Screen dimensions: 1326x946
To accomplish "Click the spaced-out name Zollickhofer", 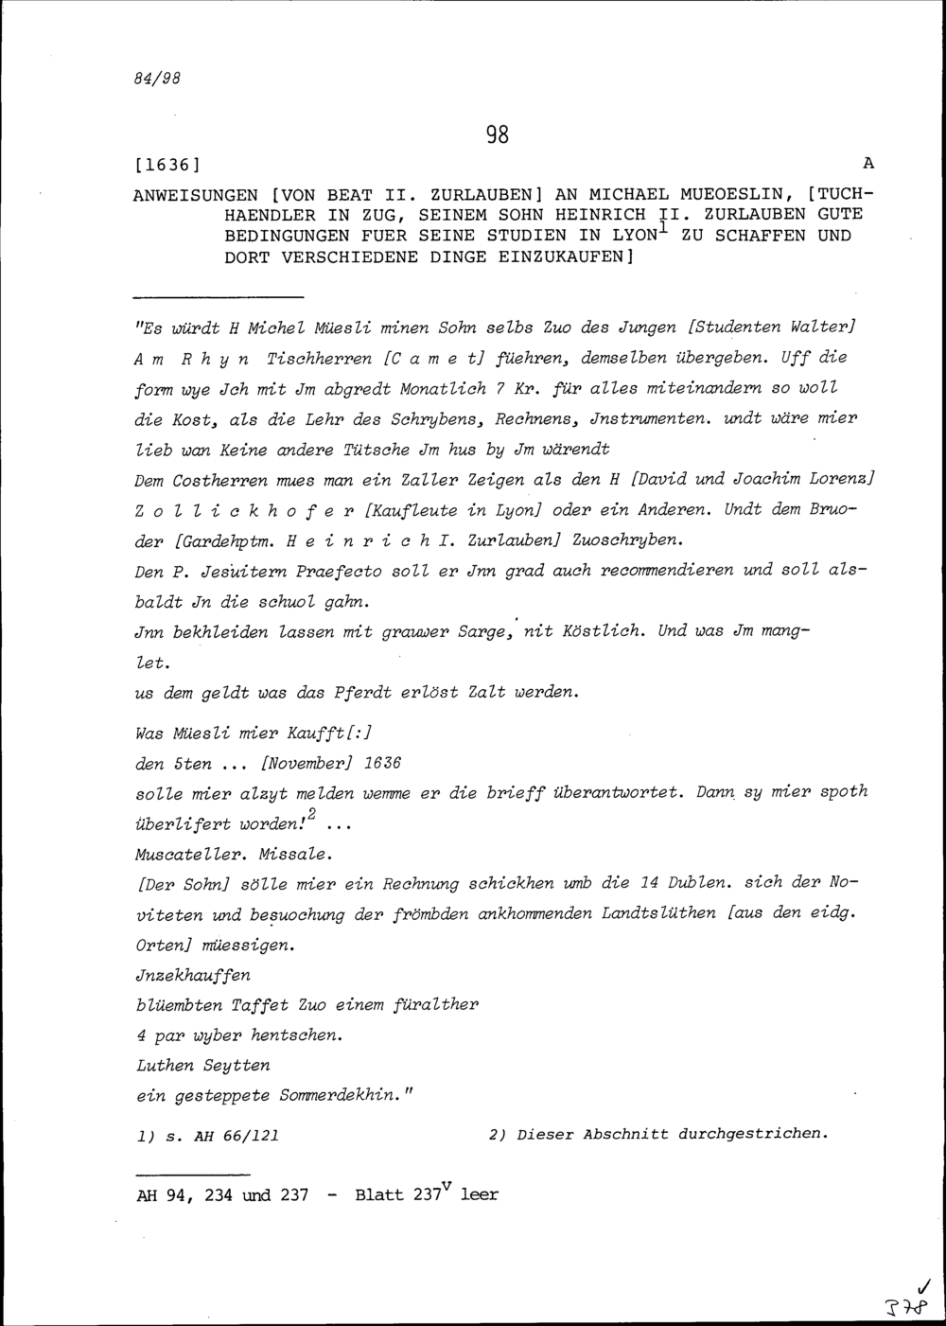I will [243, 510].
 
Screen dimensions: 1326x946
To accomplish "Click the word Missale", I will [294, 855].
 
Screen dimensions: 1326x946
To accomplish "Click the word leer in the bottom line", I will [479, 1195].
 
